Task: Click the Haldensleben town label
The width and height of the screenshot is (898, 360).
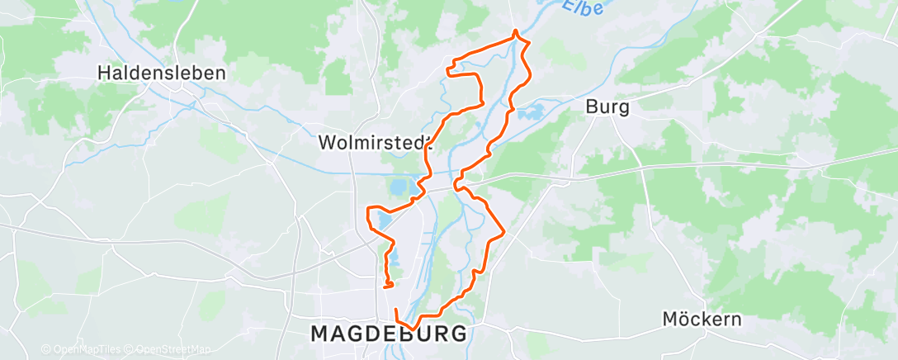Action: click(x=162, y=73)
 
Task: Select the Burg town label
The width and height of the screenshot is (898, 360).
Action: click(x=607, y=107)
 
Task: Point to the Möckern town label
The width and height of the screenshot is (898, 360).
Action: click(x=702, y=320)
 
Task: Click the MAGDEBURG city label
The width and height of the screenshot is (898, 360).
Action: click(x=388, y=334)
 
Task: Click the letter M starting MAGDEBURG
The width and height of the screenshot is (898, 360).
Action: click(x=319, y=334)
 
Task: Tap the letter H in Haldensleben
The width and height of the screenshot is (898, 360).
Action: click(x=103, y=73)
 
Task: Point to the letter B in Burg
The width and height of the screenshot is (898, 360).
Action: click(x=591, y=107)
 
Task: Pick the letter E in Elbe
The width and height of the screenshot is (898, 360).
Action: click(x=570, y=6)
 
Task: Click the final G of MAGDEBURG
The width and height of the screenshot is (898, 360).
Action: click(x=458, y=334)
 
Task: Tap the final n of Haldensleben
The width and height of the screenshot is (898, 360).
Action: click(x=220, y=73)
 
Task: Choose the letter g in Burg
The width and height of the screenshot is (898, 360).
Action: click(x=624, y=108)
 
